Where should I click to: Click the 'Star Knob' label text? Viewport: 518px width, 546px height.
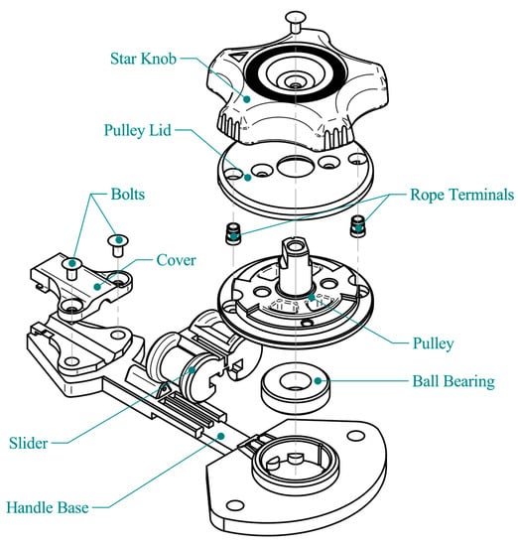click(x=143, y=59)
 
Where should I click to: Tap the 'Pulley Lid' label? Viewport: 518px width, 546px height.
click(x=138, y=131)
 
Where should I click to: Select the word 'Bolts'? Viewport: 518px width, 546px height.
click(x=128, y=195)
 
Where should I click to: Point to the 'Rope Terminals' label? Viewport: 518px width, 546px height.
click(x=462, y=195)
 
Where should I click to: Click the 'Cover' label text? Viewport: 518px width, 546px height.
click(x=176, y=260)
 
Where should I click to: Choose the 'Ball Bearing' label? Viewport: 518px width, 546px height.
click(x=453, y=381)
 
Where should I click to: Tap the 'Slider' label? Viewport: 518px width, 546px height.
click(x=29, y=443)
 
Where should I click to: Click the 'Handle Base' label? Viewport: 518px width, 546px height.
click(x=48, y=507)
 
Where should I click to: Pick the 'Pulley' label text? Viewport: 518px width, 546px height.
click(x=433, y=343)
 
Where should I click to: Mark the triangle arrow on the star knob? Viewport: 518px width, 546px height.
click(x=239, y=57)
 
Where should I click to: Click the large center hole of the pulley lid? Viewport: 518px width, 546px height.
click(x=295, y=166)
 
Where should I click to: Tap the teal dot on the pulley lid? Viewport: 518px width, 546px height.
click(x=247, y=178)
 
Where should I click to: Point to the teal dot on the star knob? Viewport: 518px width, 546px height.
click(x=247, y=99)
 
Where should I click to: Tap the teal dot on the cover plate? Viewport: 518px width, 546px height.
click(x=97, y=287)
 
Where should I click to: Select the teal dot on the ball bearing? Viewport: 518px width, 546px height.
click(x=318, y=381)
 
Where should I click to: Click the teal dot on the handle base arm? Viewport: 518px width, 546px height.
click(x=220, y=436)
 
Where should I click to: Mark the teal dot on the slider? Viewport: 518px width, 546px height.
click(x=192, y=370)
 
